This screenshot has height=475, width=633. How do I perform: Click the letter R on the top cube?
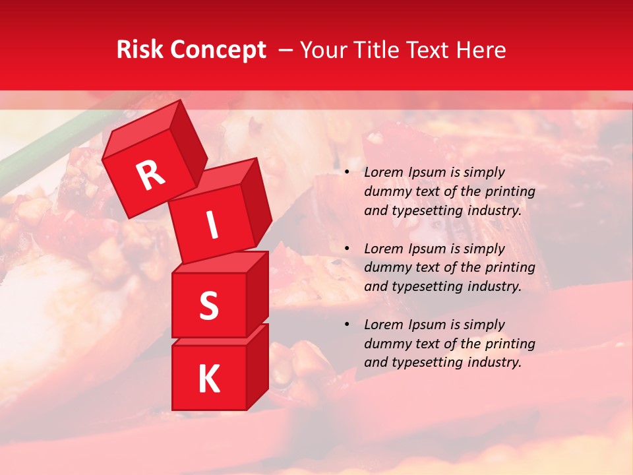coord(150,176)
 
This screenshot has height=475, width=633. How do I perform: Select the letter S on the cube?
coord(208,305)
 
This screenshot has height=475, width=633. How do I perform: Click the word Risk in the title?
coord(139,50)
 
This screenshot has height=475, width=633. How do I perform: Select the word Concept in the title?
coord(218,50)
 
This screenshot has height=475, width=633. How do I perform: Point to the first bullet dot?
coord(347,173)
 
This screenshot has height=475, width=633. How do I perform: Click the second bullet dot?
coord(347,249)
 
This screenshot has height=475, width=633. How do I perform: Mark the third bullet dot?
coord(347,325)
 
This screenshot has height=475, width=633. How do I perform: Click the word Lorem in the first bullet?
coord(382,173)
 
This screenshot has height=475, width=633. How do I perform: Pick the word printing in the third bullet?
coord(510,344)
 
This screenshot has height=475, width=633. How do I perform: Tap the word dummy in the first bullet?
coord(385,192)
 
